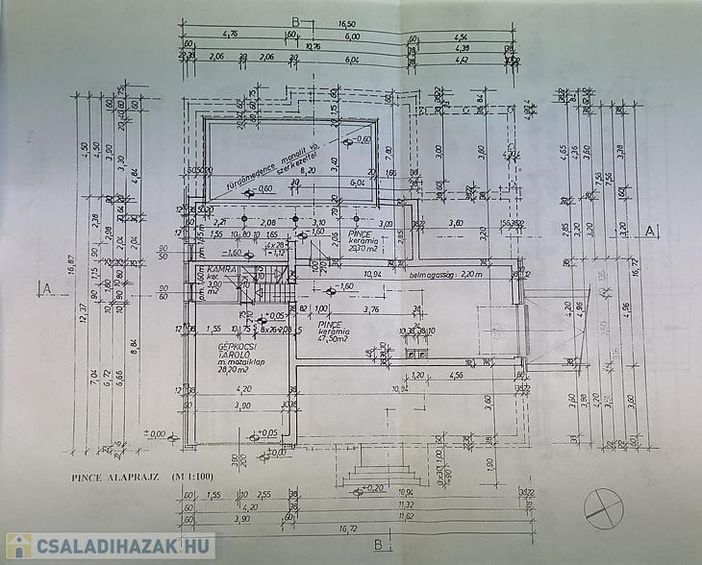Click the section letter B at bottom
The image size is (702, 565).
click(x=379, y=546)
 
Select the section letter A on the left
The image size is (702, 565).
click(x=45, y=286)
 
